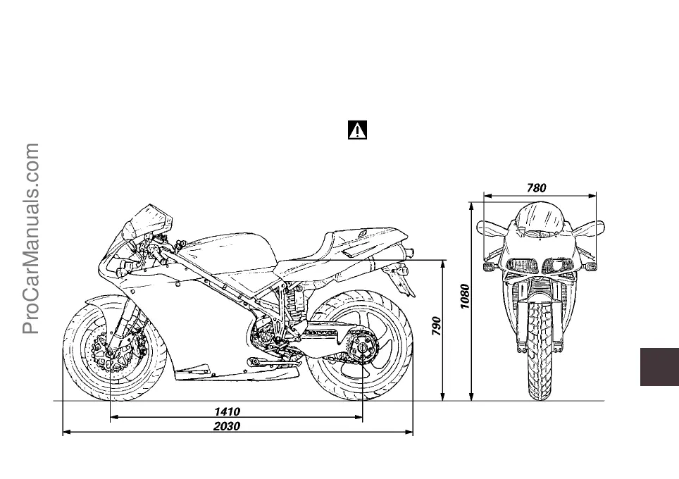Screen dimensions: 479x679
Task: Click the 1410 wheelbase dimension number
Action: (228, 411)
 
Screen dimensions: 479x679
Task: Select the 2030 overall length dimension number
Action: (228, 426)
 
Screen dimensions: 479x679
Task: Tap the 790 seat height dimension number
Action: (437, 325)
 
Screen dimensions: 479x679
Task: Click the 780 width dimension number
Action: (537, 187)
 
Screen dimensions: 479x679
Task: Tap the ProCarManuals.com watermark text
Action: (32, 240)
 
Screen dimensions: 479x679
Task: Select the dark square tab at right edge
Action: (659, 366)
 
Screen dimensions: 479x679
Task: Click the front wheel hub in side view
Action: (111, 351)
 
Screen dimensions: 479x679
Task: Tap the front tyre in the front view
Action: (540, 352)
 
